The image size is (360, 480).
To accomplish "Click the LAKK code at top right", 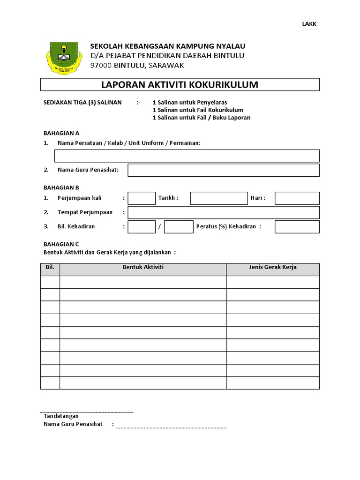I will coord(309,24).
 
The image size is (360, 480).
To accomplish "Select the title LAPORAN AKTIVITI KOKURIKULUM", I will coord(180,85).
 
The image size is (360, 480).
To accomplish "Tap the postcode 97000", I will coord(101,65).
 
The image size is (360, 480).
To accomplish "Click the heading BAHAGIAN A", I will coord(61,133).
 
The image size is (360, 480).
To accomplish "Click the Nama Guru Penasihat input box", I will coord(223,170).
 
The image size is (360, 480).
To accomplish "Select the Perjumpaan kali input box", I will coord(141,198).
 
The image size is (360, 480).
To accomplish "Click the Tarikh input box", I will coord(218,198).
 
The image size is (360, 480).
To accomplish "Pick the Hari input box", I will coord(297,198).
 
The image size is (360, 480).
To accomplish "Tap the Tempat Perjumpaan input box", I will coord(223,212).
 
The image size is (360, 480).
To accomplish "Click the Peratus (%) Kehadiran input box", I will coord(297,227).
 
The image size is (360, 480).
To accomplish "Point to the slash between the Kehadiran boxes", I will coord(160,227).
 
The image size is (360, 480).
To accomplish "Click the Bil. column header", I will coord(50,267).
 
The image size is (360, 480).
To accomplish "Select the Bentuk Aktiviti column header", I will coord(143,267).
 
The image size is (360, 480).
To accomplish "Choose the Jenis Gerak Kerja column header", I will coord(273,267).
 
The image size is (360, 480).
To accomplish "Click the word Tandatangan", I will coord(61,416).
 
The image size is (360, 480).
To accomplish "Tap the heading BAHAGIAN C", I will coord(61,244).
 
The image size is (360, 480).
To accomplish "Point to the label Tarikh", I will coord(168,198).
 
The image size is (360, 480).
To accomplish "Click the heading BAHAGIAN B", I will coord(61,187).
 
